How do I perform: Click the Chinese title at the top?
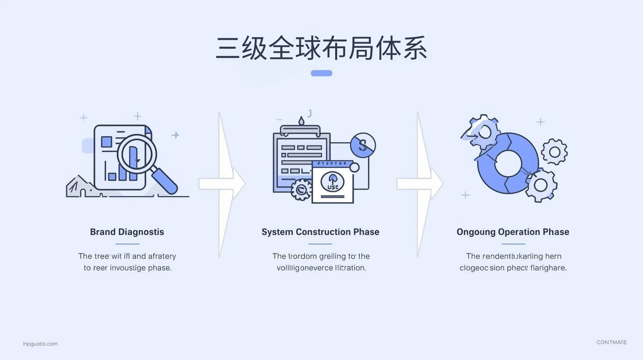[x=321, y=49]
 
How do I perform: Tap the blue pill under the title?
[x=321, y=73]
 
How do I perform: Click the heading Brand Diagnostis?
[x=127, y=232]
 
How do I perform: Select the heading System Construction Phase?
[x=320, y=232]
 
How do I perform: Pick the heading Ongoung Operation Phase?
[x=513, y=232]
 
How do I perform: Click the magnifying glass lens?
[x=137, y=154]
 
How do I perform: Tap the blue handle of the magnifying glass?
[x=165, y=181]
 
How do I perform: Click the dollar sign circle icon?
[x=363, y=145]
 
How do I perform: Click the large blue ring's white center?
[x=508, y=164]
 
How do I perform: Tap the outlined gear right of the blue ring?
[x=555, y=152]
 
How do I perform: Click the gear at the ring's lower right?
[x=541, y=185]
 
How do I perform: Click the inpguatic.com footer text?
[x=40, y=344]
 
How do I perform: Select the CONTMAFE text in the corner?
[x=611, y=342]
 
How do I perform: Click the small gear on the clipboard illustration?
[x=301, y=190]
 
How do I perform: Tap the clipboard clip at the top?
[x=300, y=129]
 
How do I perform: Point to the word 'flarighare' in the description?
[x=549, y=268]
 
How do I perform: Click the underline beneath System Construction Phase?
[x=320, y=244]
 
